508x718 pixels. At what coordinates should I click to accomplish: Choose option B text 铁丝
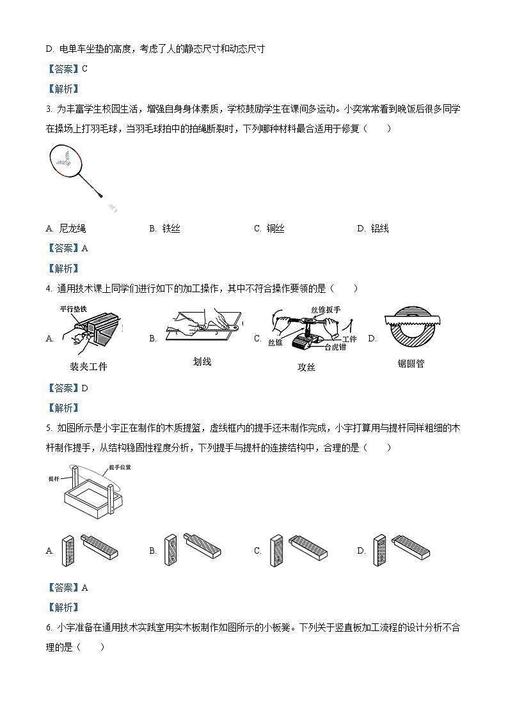[x=171, y=228]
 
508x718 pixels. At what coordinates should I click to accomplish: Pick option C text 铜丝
[x=275, y=228]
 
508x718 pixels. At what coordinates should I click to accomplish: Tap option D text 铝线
[x=379, y=228]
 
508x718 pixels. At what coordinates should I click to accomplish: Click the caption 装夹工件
[x=88, y=366]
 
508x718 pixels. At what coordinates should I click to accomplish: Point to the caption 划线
[x=202, y=362]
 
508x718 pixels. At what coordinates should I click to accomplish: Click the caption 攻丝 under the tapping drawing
[x=306, y=367]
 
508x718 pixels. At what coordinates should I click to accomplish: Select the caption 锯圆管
[x=411, y=363]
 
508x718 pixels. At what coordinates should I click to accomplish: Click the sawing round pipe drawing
[x=413, y=331]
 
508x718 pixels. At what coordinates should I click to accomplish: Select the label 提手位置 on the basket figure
[x=120, y=467]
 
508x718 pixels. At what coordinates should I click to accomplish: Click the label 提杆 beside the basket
[x=54, y=478]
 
